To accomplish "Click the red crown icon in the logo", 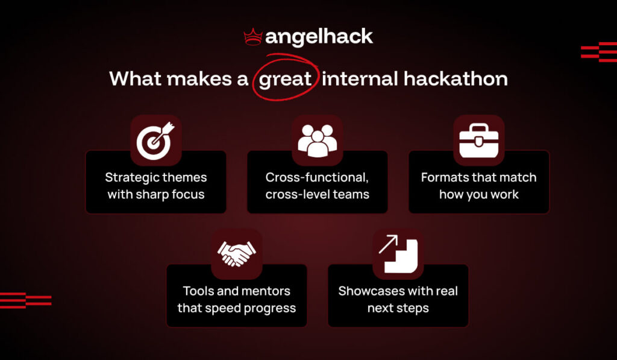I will point(253,38).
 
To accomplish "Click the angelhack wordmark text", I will point(319,37).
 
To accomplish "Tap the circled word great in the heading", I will point(284,79).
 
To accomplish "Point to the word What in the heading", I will point(134,79).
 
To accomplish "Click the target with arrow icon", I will point(156,140).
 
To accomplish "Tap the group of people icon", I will point(318,140).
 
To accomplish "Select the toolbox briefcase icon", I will point(479,140).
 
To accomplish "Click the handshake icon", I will point(237,254).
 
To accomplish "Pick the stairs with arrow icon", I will point(398,254).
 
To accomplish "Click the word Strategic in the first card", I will point(130,177).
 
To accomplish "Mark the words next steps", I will point(398,308).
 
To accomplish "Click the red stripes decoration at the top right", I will point(598,52).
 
